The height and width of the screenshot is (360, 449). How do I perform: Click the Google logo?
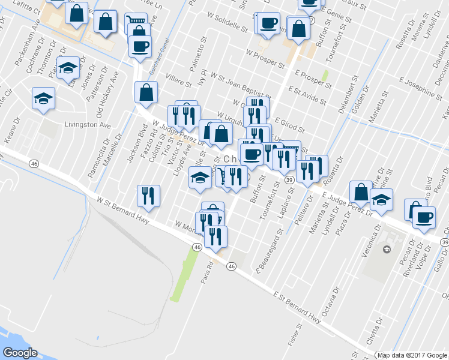click(19, 353)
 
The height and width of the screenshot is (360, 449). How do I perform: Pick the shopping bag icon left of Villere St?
click(146, 93)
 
